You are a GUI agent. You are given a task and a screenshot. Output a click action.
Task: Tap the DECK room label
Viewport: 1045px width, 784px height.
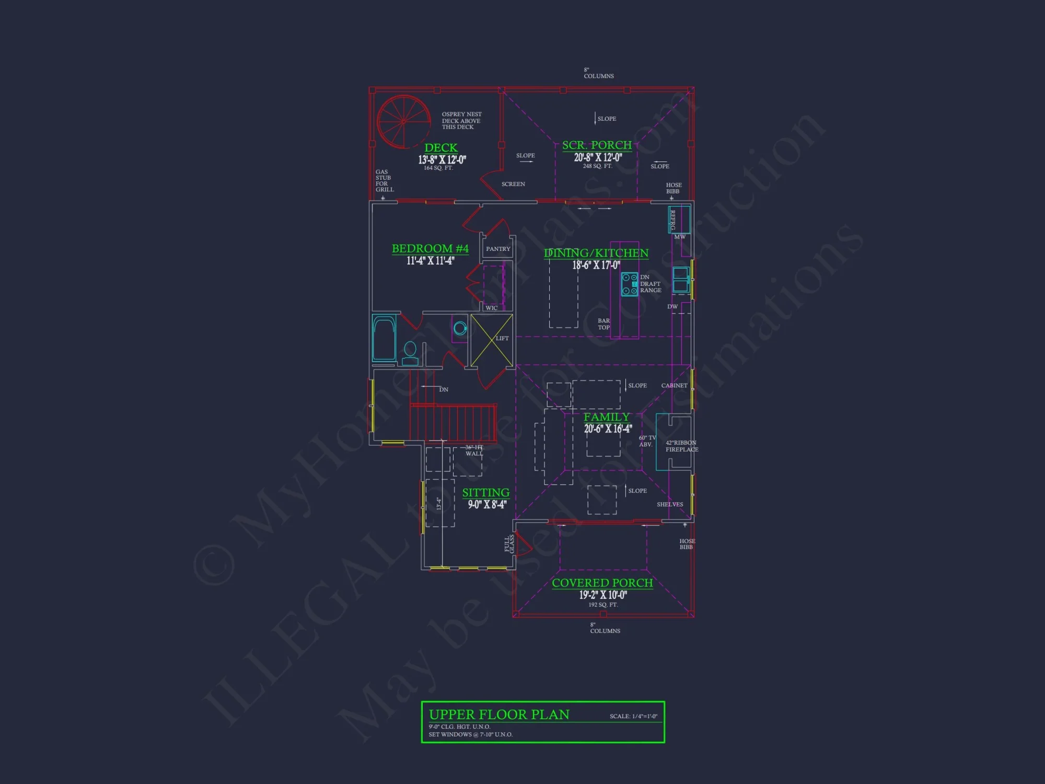(441, 148)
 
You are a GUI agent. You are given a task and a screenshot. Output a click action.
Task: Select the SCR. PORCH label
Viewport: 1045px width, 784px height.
(597, 145)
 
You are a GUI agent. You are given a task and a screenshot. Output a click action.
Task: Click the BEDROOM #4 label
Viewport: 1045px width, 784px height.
(430, 249)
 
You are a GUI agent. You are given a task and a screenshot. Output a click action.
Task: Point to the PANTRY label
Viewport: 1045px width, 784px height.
(498, 249)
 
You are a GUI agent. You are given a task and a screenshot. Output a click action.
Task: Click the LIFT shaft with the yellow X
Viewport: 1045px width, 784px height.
(492, 340)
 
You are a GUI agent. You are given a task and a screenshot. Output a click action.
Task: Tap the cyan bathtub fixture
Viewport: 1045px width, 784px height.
(384, 338)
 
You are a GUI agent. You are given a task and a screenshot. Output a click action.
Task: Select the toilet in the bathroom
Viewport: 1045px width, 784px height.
(410, 352)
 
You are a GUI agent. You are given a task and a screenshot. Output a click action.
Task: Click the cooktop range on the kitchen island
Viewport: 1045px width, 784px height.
(630, 284)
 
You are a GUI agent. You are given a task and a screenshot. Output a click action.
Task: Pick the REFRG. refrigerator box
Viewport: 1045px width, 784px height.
(679, 219)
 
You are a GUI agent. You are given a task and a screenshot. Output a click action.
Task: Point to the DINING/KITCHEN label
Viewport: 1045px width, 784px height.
(596, 253)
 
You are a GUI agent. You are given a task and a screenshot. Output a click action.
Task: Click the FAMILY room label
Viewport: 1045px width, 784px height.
(607, 417)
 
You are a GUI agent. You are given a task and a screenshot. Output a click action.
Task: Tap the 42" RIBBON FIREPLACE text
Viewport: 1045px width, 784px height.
(681, 446)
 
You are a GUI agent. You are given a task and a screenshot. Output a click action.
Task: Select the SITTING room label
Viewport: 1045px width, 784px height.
(485, 493)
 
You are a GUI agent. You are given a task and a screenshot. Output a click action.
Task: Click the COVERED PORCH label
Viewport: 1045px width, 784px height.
(602, 583)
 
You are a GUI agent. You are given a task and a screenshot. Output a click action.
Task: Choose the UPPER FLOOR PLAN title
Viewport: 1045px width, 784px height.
(499, 714)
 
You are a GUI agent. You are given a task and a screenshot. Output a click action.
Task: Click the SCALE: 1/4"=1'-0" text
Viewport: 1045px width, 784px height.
(633, 716)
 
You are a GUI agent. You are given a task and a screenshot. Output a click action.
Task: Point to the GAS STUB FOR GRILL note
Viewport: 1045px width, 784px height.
(384, 180)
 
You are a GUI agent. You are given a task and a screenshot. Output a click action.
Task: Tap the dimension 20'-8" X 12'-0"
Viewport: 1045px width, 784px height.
(598, 157)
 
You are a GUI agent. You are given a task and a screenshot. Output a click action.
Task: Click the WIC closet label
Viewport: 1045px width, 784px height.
(492, 308)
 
